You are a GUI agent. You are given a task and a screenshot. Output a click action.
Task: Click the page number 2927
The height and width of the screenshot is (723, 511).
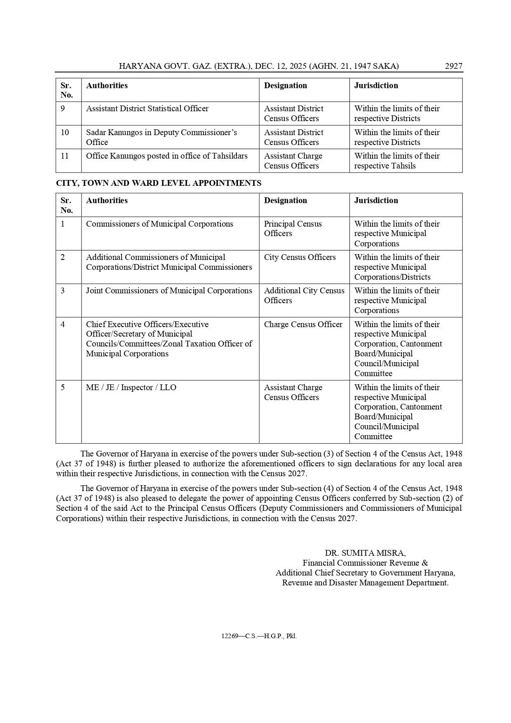coord(453,66)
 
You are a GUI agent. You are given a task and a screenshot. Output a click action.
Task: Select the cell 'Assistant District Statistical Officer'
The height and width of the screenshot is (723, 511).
coord(147,109)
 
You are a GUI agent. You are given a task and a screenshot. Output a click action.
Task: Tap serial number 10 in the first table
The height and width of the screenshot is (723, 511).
coord(65,133)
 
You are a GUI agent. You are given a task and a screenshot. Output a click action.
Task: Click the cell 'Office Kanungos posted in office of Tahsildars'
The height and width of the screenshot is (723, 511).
coord(166,156)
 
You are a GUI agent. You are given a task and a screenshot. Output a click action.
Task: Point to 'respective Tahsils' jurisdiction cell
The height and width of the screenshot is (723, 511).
coord(385,166)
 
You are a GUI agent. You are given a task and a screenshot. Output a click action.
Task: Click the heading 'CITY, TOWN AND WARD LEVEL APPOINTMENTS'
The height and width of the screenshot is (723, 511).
coord(159,183)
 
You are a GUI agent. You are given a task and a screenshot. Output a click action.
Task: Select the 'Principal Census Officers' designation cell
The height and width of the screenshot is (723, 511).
coord(293,229)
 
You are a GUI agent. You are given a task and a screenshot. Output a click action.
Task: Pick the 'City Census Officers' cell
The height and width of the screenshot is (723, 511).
coord(300,257)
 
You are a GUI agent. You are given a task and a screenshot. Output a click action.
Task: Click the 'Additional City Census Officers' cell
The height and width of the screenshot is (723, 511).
coord(304,295)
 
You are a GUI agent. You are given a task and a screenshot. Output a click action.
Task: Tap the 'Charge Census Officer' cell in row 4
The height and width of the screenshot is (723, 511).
coord(303,325)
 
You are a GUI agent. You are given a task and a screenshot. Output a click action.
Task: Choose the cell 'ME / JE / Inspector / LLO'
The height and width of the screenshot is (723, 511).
coord(131,388)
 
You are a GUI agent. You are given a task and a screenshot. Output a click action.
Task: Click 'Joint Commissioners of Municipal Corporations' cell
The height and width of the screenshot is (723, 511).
coord(169,291)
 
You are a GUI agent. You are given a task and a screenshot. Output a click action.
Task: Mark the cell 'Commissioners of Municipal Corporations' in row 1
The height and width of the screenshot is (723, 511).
coord(159,224)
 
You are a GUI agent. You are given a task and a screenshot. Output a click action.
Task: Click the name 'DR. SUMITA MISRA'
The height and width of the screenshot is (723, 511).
coord(365,553)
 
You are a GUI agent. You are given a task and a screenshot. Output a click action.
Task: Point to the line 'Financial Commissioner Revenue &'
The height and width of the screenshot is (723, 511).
coord(365,563)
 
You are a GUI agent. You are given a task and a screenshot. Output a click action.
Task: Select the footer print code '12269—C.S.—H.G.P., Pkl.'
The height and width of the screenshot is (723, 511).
coord(259,636)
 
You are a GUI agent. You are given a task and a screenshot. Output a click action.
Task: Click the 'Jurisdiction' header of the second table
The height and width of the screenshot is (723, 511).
coord(376,201)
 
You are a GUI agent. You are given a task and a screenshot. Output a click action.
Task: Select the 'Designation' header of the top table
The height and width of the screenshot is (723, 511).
coord(285,86)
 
